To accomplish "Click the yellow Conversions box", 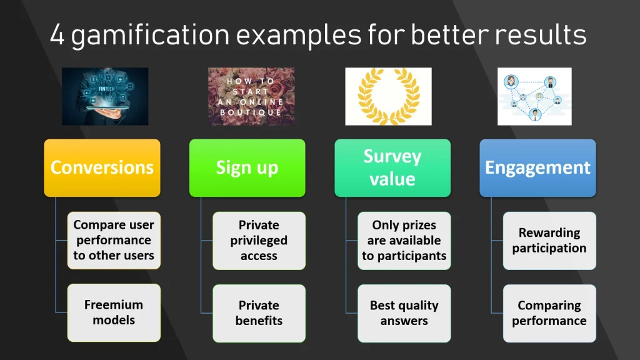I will pyautogui.click(x=102, y=167).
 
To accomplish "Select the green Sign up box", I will pyautogui.click(x=247, y=167).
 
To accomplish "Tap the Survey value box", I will pyautogui.click(x=392, y=167).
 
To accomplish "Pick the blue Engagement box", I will pyautogui.click(x=537, y=167).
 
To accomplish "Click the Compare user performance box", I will pyautogui.click(x=113, y=241).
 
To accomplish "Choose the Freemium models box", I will pyautogui.click(x=113, y=312).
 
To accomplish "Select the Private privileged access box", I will pyautogui.click(x=259, y=241).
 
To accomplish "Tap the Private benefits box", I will pyautogui.click(x=259, y=313).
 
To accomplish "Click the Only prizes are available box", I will pyautogui.click(x=404, y=241).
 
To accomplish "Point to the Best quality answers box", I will pyautogui.click(x=404, y=313).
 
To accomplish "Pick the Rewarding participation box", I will pyautogui.click(x=549, y=241).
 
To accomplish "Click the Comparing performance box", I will pyautogui.click(x=549, y=313).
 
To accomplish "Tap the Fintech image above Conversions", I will pyautogui.click(x=105, y=96).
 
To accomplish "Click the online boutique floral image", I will pyautogui.click(x=251, y=96).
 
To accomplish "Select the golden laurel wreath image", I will pyautogui.click(x=388, y=96).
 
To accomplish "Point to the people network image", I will pyautogui.click(x=534, y=96).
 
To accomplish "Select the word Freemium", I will pyautogui.click(x=113, y=305).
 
